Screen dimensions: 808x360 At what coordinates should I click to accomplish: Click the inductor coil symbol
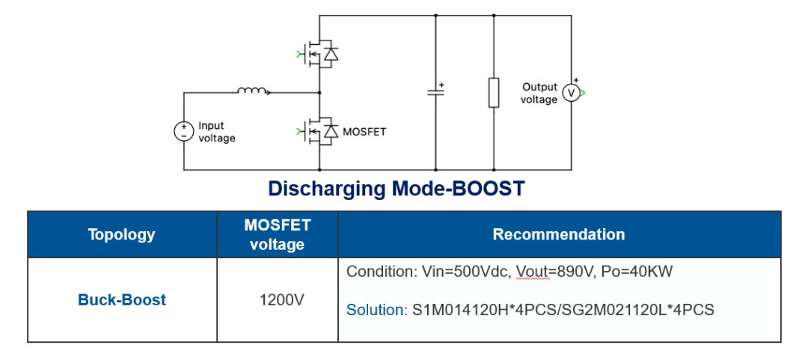pyautogui.click(x=253, y=91)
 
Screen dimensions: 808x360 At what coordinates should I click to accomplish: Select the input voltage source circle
pyautogui.click(x=183, y=132)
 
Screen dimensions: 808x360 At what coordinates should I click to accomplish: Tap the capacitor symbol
pyautogui.click(x=435, y=93)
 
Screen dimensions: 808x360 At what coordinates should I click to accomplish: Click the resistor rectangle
pyautogui.click(x=494, y=93)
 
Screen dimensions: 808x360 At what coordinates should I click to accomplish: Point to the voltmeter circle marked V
pyautogui.click(x=571, y=93)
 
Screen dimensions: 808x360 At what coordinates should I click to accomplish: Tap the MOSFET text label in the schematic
pyautogui.click(x=364, y=132)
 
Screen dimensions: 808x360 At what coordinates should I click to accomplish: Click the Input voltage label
pyautogui.click(x=217, y=132)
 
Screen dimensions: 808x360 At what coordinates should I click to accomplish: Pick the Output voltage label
pyautogui.click(x=539, y=94)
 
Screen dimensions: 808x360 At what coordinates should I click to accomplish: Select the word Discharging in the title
pyautogui.click(x=327, y=189)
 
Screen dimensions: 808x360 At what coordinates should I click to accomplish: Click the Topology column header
pyautogui.click(x=122, y=234)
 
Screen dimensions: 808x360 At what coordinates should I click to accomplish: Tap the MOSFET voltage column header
pyautogui.click(x=278, y=234)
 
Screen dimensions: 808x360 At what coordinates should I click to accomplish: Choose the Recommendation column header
pyautogui.click(x=559, y=234)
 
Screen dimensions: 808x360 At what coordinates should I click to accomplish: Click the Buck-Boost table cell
pyautogui.click(x=122, y=299)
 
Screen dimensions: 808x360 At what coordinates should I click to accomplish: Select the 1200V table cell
pyautogui.click(x=278, y=299)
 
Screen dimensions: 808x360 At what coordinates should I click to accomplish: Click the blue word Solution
pyautogui.click(x=377, y=310)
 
